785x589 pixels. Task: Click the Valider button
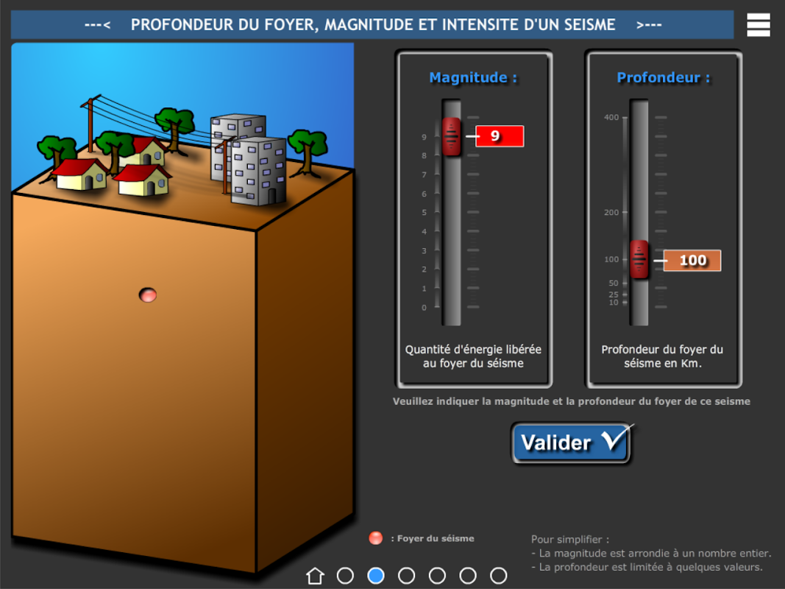[571, 442]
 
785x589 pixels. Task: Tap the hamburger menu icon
[759, 24]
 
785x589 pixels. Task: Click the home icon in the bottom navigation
[315, 576]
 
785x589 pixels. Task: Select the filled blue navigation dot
[376, 576]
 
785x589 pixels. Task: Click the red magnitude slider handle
[451, 137]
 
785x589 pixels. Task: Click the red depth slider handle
[639, 259]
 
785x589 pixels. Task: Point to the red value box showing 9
[500, 135]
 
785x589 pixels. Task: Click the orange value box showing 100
[692, 261]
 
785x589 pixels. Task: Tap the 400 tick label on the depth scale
[611, 118]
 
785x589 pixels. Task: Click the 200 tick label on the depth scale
[611, 212]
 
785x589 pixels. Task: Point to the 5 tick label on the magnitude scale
[424, 212]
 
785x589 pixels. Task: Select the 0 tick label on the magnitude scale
[424, 308]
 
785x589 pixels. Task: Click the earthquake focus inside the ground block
[148, 295]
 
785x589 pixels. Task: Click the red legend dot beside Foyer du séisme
[375, 538]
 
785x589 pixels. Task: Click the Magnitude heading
[473, 77]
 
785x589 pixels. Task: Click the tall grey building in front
[258, 172]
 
